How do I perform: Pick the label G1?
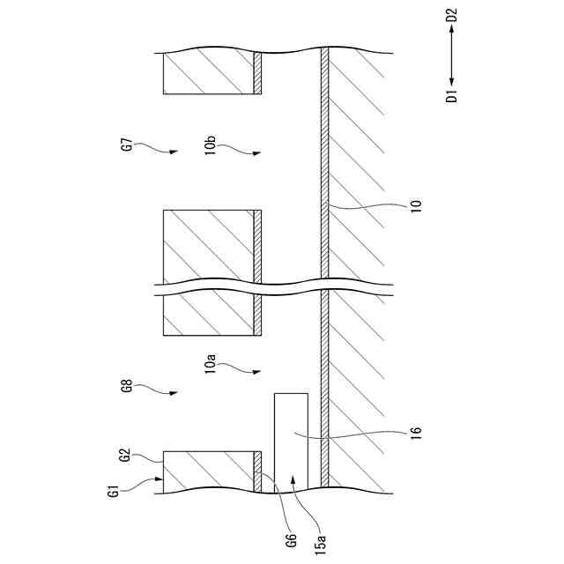click(x=114, y=490)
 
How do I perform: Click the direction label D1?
click(x=451, y=95)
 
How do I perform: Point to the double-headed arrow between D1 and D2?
click(x=451, y=56)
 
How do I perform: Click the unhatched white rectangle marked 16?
click(x=291, y=441)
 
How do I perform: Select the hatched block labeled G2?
click(x=208, y=471)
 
